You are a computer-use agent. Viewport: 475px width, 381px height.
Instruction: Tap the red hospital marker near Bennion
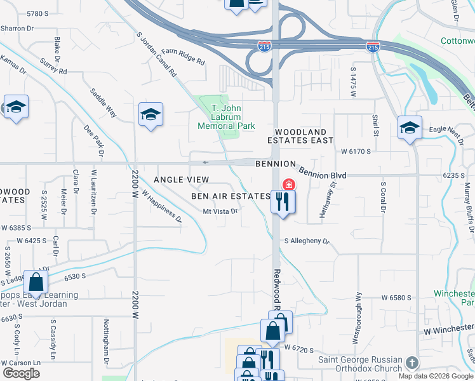tap(289, 185)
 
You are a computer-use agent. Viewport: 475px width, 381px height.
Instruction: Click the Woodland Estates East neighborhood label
tap(300, 135)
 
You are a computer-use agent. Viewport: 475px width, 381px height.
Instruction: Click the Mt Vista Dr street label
tap(220, 212)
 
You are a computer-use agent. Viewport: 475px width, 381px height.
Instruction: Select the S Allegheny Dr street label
tap(307, 241)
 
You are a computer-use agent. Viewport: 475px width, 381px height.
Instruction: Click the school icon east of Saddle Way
tap(150, 114)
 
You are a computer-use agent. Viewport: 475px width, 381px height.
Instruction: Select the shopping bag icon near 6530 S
tap(36, 281)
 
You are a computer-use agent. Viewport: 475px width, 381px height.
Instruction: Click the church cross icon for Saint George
tap(413, 363)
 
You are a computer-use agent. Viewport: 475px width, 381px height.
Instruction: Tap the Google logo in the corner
tap(21, 373)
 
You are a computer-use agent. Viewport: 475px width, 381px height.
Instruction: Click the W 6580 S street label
tap(397, 297)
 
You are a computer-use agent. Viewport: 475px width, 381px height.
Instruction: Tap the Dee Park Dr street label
tap(93, 140)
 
